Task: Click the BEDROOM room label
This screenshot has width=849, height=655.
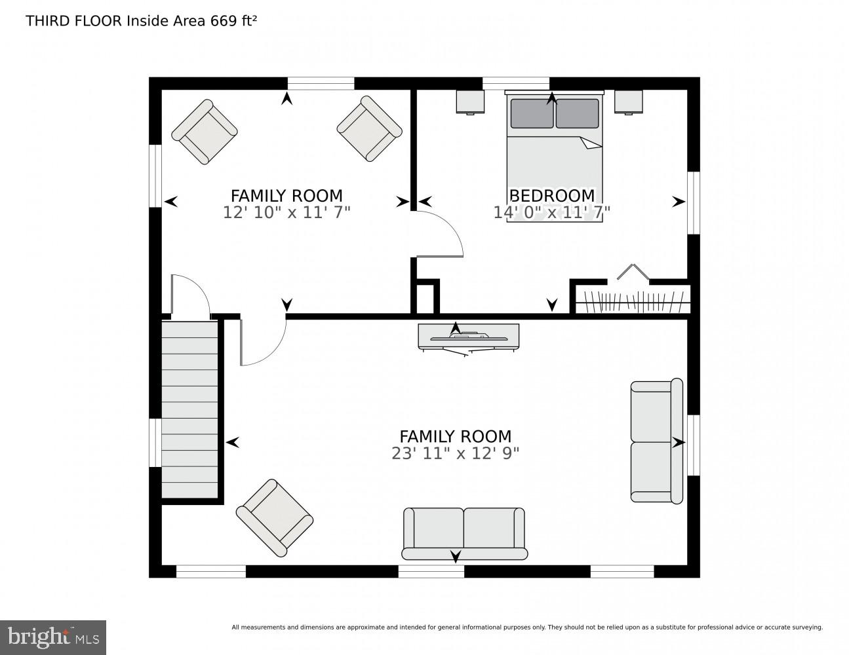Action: pyautogui.click(x=551, y=196)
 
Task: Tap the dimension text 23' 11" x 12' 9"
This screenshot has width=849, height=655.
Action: pyautogui.click(x=455, y=453)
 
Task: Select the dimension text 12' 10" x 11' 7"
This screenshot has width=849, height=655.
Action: pyautogui.click(x=286, y=213)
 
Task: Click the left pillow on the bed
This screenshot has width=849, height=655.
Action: pyautogui.click(x=532, y=113)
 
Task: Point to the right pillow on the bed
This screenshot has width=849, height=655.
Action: pyautogui.click(x=577, y=113)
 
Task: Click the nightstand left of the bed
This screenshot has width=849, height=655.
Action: pyautogui.click(x=471, y=102)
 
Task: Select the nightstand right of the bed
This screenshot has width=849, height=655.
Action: pyautogui.click(x=629, y=102)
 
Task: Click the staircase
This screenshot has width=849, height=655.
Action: pyautogui.click(x=189, y=409)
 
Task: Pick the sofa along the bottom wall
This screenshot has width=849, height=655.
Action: pyautogui.click(x=465, y=534)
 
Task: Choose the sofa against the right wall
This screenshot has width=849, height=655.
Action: pyautogui.click(x=657, y=440)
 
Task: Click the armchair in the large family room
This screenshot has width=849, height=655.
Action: pyautogui.click(x=275, y=517)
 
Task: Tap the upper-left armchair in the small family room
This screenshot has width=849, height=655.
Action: pyautogui.click(x=205, y=132)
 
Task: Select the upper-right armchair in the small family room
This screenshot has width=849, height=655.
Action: pyautogui.click(x=370, y=128)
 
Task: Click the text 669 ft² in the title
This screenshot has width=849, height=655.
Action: pyautogui.click(x=233, y=21)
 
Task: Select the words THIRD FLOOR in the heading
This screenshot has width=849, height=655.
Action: pyautogui.click(x=74, y=21)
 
